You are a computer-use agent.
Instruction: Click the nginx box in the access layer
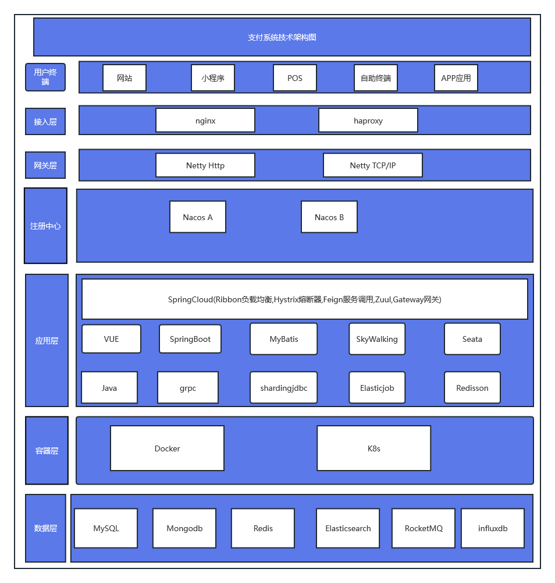tap(205, 120)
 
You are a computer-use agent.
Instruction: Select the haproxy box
tap(368, 120)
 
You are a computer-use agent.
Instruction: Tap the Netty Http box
tap(205, 165)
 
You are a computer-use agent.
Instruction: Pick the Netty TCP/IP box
tap(372, 165)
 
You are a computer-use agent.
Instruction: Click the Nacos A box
tap(198, 217)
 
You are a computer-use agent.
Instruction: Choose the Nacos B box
tap(329, 217)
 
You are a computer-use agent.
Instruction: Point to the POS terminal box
tap(295, 77)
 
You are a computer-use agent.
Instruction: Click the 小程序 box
tap(213, 77)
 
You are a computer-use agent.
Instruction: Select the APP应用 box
tap(456, 77)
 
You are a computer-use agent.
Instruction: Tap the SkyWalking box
tap(377, 339)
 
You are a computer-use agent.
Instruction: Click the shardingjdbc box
tap(284, 387)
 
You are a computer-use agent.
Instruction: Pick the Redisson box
tap(472, 387)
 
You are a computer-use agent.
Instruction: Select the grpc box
tap(188, 387)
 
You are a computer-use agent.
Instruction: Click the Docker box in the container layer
tap(167, 448)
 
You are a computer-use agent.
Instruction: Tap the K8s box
tap(373, 448)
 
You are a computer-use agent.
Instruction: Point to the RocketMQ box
tap(424, 528)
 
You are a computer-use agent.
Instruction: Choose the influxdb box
tap(493, 528)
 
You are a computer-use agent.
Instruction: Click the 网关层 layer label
tap(45, 165)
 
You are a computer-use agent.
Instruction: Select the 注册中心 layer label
tap(46, 226)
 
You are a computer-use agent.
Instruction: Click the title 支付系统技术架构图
tap(282, 37)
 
